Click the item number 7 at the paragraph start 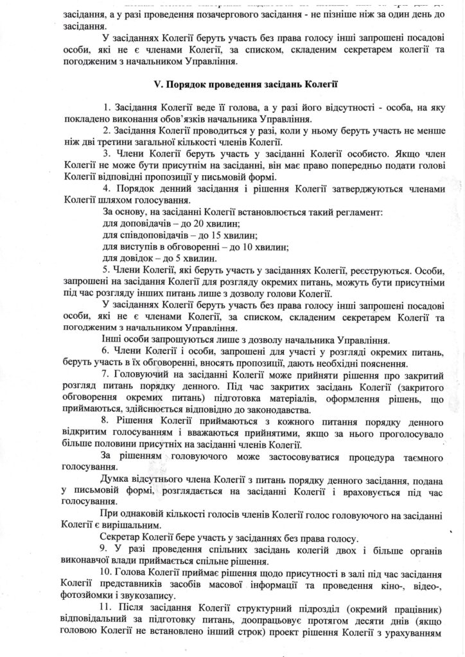(104, 374)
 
